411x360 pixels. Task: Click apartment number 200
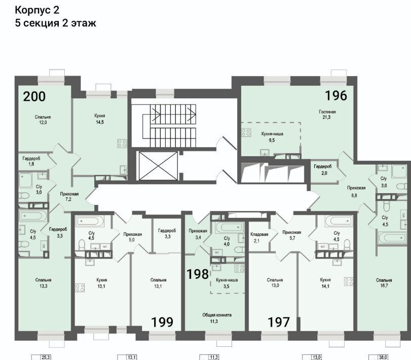point(34,96)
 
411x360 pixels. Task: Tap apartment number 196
point(336,95)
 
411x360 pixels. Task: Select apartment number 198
point(198,274)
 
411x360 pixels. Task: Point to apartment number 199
point(163,322)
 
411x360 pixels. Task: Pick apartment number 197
point(279,322)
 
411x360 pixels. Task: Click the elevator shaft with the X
point(158,166)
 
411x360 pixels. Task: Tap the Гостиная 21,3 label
point(327,114)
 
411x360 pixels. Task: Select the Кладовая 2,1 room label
point(259,237)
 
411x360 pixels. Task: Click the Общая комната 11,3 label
point(217,318)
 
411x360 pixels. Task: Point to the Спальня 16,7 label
point(384,282)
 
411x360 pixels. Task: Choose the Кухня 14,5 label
point(100,119)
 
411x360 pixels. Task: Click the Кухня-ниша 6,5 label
point(272,137)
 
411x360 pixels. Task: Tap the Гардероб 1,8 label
point(31,161)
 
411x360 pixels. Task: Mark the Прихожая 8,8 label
point(356,191)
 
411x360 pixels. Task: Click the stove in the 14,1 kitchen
point(349,281)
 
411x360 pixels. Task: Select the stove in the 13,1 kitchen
point(80,287)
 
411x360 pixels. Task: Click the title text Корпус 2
point(37,10)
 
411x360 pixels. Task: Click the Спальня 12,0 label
point(43,120)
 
